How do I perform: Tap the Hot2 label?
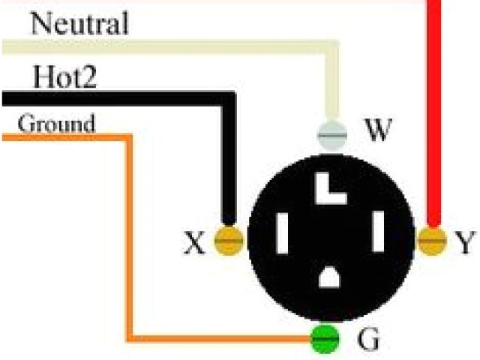coord(64,76)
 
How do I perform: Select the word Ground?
coord(56,123)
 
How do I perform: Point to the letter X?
coord(194,242)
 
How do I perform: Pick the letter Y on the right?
coord(465,241)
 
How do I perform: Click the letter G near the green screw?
coord(368,340)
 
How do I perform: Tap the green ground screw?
coord(325,339)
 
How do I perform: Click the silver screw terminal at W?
coord(331,135)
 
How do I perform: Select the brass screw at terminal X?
coord(229,241)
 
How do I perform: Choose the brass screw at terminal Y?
coord(430,240)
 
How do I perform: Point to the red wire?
coord(433,112)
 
